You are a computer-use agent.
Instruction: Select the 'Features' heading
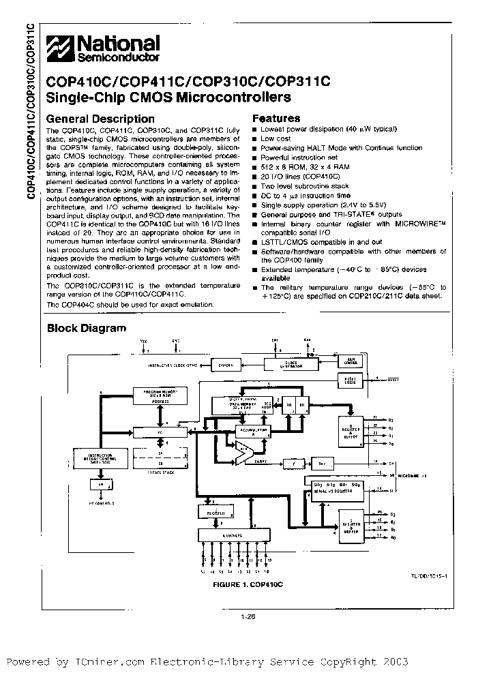click(276, 119)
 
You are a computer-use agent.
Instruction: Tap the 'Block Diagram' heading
click(86, 328)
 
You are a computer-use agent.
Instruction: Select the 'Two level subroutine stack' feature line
click(305, 185)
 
